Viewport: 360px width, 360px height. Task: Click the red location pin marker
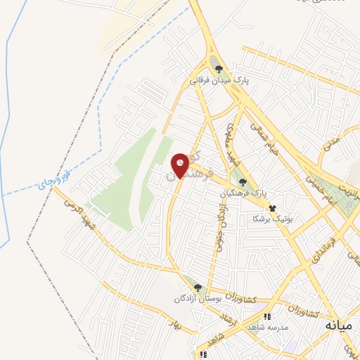click(180, 166)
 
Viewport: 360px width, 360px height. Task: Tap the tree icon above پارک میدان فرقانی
click(219, 69)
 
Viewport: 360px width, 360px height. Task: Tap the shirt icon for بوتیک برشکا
click(271, 208)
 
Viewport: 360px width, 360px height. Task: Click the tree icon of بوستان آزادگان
click(198, 288)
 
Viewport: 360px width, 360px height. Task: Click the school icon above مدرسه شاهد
click(266, 316)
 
